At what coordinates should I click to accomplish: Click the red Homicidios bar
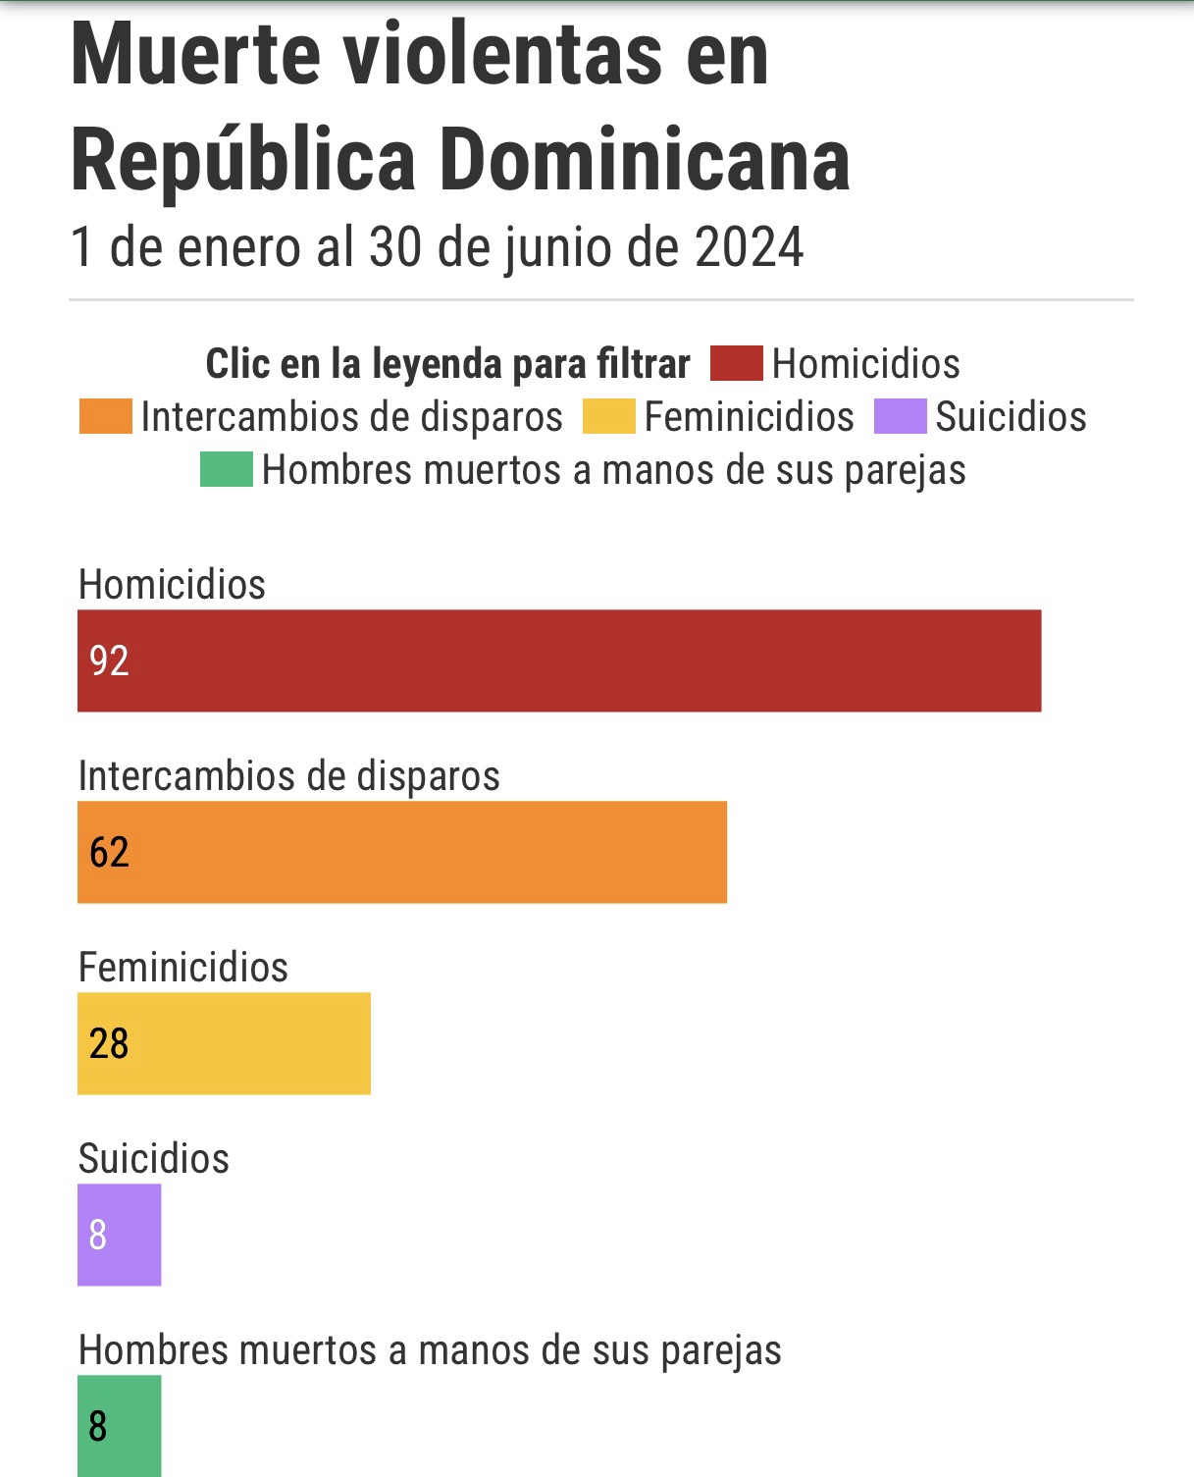coord(559,660)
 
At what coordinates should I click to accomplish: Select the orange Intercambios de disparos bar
coord(402,852)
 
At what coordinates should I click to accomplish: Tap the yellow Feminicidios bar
coord(224,1043)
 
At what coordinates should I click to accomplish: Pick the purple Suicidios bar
coord(119,1235)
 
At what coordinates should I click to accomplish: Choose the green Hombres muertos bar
coord(119,1426)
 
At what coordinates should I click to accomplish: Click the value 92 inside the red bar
coord(109,660)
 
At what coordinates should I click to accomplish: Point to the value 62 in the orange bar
coord(109,852)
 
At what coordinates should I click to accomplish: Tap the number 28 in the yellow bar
coord(109,1043)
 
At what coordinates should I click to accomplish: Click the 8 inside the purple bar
coord(98,1235)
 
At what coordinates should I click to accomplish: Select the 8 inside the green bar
coord(98,1426)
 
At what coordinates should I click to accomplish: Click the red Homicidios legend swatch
coord(737,363)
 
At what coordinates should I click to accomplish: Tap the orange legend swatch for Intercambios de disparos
coord(105,416)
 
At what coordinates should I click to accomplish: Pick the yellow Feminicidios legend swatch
coord(609,416)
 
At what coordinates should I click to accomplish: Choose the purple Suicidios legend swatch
coord(901,416)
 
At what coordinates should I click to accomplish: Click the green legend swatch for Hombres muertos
coord(227,469)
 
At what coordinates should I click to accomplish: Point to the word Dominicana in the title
coord(645,161)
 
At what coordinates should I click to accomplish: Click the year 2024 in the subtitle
coord(750,247)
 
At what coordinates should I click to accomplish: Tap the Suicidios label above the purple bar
coord(153,1158)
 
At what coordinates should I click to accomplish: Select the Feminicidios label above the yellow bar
coord(182,967)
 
